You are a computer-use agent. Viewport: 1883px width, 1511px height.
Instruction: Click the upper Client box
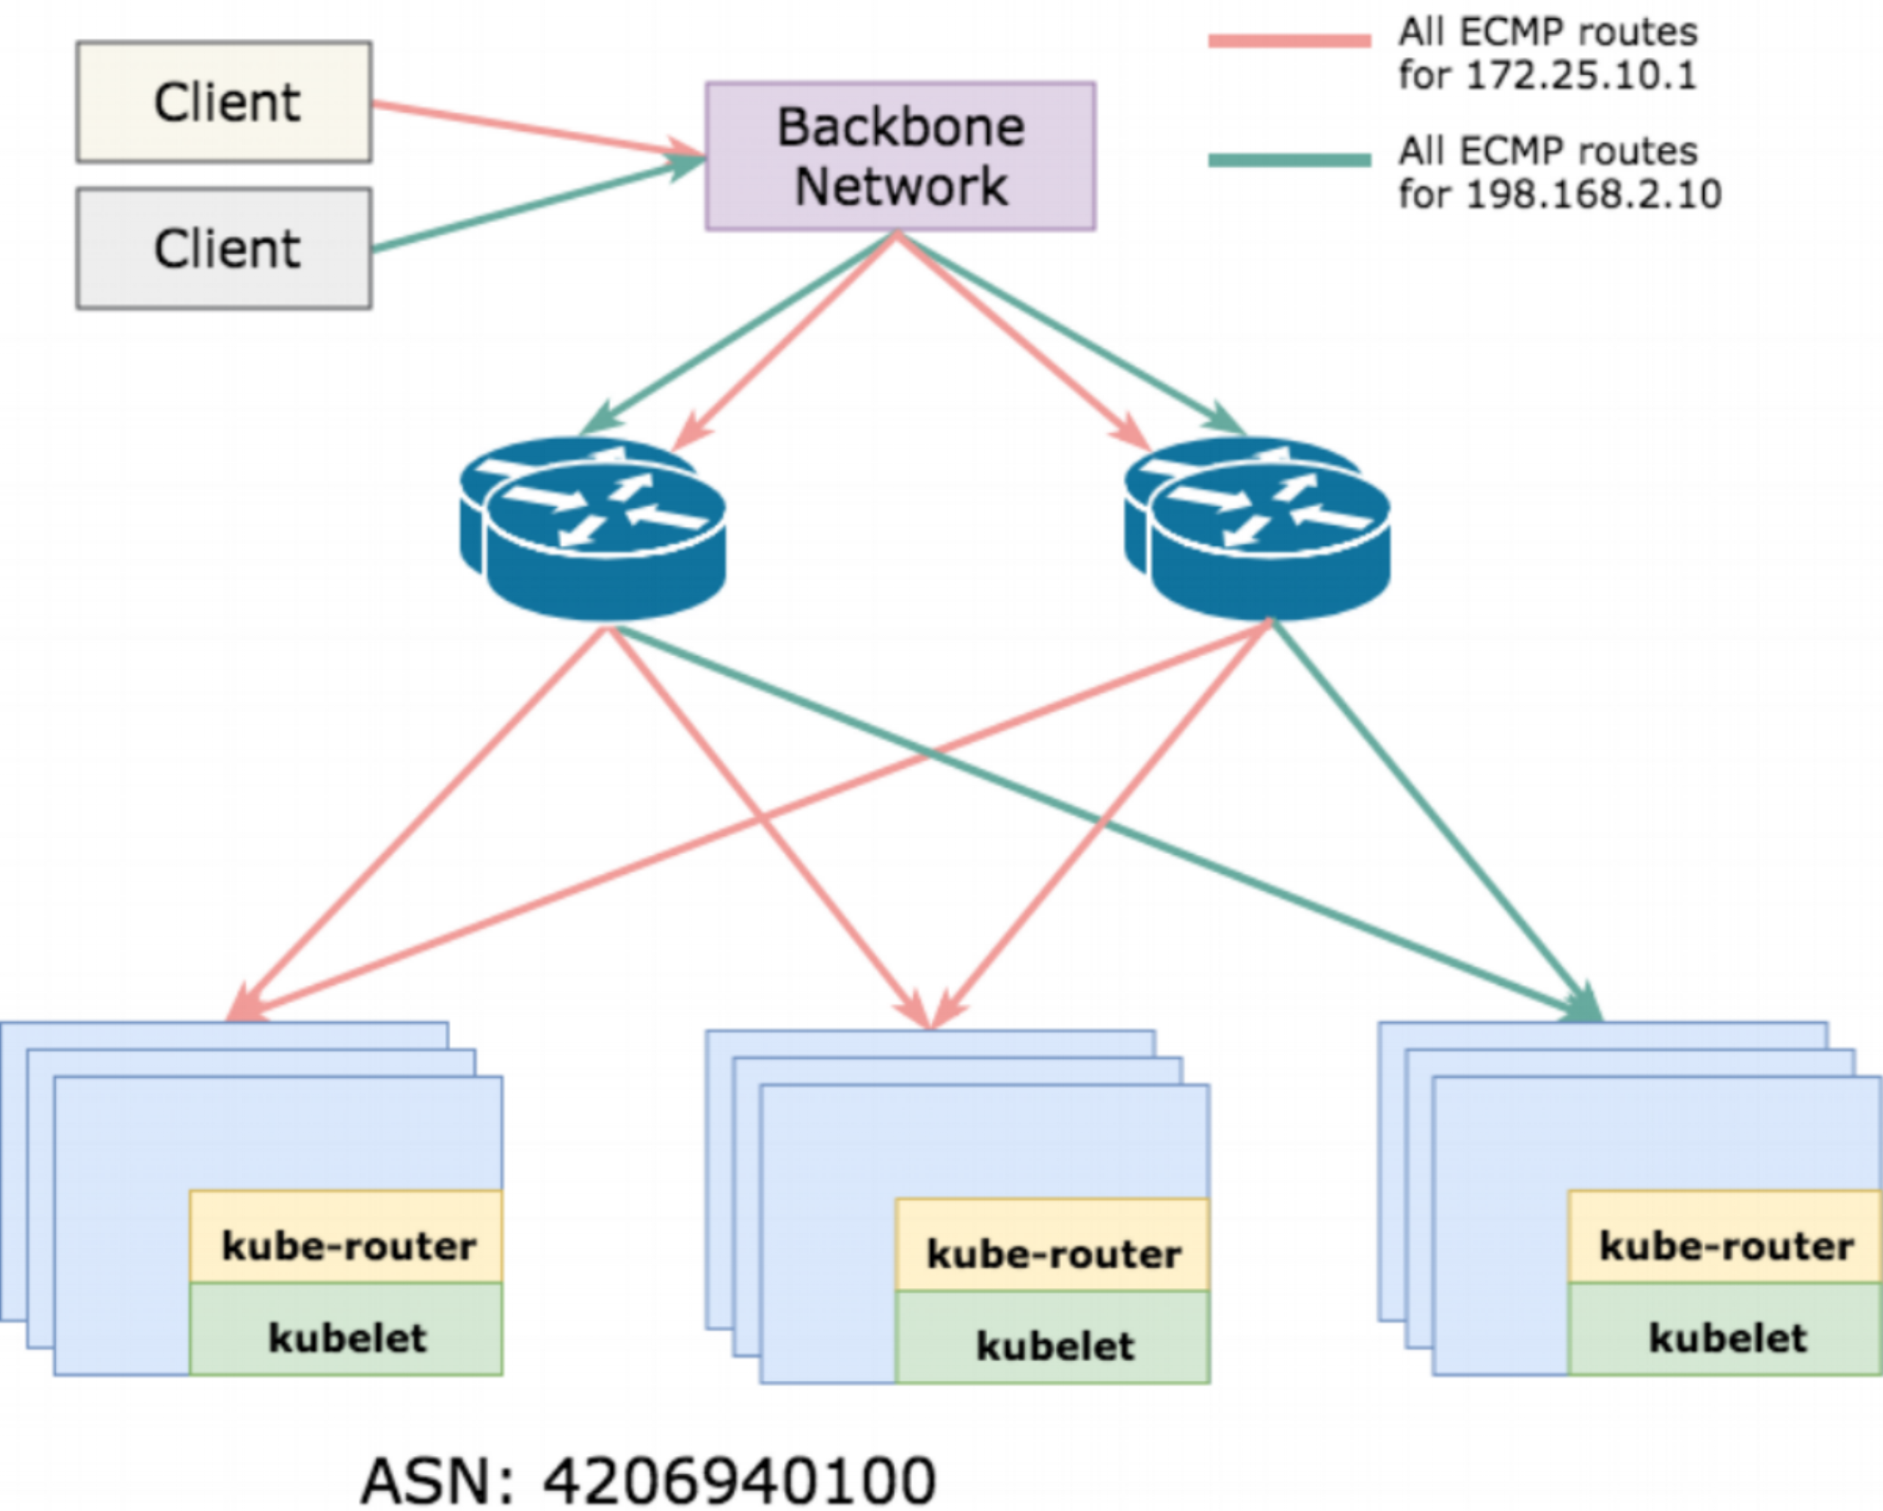click(224, 102)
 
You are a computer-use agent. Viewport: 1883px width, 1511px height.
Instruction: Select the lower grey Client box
click(224, 248)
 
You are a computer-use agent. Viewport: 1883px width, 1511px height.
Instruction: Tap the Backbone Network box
click(901, 157)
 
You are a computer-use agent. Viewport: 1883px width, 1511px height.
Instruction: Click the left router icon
click(593, 529)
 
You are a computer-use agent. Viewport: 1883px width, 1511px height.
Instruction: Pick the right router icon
click(1257, 529)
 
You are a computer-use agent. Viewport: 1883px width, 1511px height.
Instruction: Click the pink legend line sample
click(1290, 40)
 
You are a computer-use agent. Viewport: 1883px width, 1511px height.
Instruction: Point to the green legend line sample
click(1290, 160)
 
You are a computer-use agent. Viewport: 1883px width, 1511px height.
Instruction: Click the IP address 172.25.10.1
click(1581, 75)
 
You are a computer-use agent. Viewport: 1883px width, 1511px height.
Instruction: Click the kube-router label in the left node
click(349, 1247)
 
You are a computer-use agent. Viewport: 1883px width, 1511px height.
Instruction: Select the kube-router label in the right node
click(1726, 1247)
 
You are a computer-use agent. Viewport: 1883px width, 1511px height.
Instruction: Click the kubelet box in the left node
click(346, 1329)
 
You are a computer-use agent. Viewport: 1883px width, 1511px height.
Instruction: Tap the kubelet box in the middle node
click(1052, 1337)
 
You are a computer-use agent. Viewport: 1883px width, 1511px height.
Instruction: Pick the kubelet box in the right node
click(1725, 1329)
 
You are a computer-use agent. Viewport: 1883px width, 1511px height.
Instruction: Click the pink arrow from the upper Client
click(539, 130)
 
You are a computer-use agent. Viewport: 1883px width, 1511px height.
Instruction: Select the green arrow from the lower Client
click(539, 204)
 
